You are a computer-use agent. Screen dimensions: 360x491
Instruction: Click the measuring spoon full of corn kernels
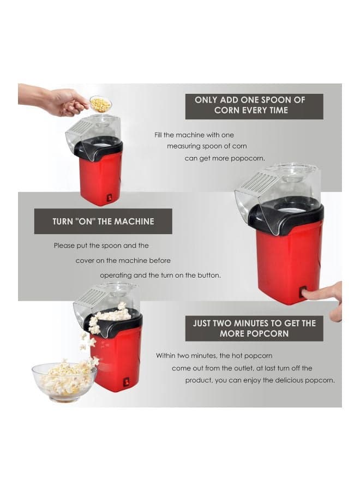click(100, 104)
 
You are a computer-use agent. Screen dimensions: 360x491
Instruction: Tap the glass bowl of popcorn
click(64, 382)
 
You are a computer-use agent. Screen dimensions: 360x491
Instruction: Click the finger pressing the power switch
click(325, 296)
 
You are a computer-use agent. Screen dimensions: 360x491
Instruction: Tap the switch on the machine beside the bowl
click(127, 382)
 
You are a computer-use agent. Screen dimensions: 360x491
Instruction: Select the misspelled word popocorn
click(247, 158)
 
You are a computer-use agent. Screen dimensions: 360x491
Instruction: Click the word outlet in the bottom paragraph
click(244, 368)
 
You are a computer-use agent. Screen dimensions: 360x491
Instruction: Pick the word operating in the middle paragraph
click(116, 276)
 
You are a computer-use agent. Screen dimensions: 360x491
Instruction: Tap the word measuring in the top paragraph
click(183, 146)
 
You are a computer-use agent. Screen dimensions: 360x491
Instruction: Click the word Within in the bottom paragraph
click(166, 356)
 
